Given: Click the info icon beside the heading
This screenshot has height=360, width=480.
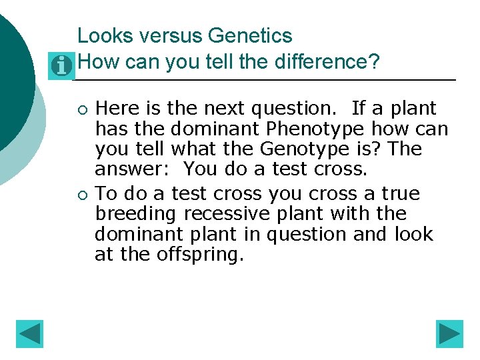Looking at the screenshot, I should point(62,65).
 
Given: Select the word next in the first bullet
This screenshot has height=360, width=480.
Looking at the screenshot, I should point(235,108).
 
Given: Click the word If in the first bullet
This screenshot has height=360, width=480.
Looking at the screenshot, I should point(359,108).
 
